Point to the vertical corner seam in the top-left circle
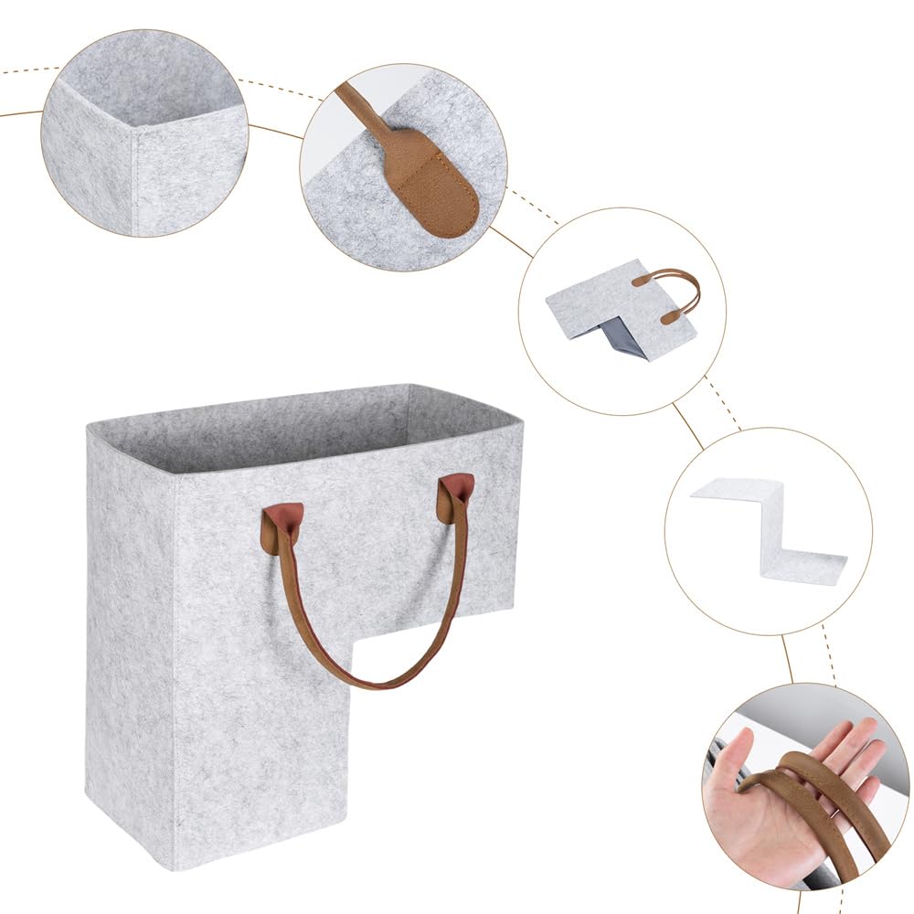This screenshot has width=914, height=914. click(x=133, y=178)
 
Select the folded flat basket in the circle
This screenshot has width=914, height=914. click(x=622, y=311)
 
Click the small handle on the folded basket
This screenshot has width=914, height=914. click(x=671, y=291)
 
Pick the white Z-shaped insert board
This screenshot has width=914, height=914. click(x=772, y=530)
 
